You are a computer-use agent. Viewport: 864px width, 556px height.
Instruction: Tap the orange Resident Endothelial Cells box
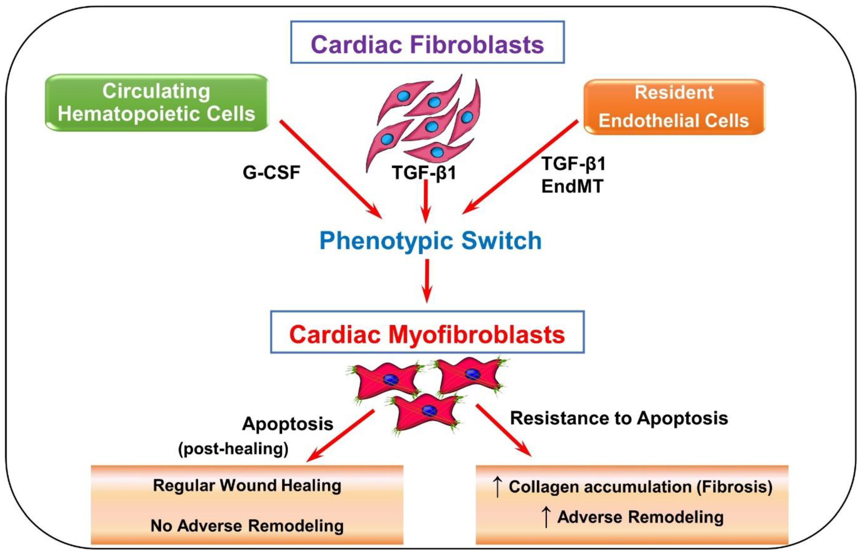point(674,107)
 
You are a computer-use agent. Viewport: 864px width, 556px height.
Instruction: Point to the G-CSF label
point(271,172)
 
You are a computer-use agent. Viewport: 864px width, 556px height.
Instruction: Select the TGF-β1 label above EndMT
point(574,164)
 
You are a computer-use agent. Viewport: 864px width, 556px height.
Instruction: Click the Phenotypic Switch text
point(431,241)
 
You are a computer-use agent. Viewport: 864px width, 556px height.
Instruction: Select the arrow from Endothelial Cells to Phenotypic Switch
point(520,167)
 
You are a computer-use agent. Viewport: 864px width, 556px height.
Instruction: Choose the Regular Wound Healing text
point(247,486)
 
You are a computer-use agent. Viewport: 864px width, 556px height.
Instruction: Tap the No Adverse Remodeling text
point(247,526)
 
